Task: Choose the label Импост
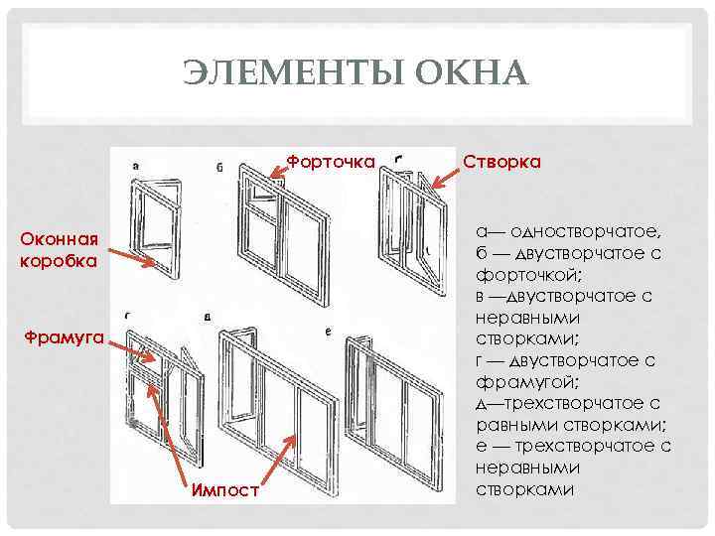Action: click(x=225, y=489)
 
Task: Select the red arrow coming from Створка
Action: click(x=436, y=180)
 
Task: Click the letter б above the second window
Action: click(x=218, y=168)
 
